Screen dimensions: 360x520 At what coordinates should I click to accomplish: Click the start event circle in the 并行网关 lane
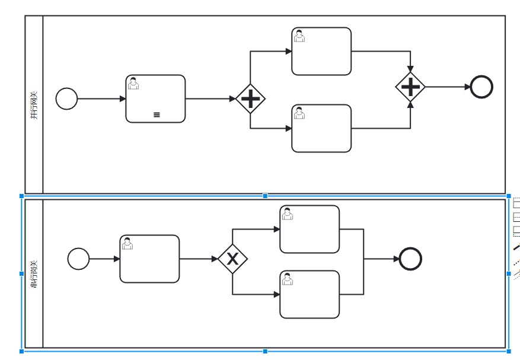coord(66,98)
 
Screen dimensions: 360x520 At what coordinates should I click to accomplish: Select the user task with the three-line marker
coord(155,98)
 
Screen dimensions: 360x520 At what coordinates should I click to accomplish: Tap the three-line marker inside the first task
coord(157,114)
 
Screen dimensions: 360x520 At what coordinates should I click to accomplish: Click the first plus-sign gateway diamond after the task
coord(250,98)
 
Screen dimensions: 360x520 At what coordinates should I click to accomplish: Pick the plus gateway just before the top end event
coord(410,87)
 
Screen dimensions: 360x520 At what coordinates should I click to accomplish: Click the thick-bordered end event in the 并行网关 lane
coord(481,87)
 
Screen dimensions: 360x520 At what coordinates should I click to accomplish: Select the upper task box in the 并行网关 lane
coord(321,51)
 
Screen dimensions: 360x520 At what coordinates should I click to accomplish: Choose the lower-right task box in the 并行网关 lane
coord(321,128)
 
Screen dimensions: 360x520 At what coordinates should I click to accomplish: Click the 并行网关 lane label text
coord(34,105)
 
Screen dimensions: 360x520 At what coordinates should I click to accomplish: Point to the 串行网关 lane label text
coord(34,273)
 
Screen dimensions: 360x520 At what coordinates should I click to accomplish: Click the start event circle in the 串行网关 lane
coord(78,259)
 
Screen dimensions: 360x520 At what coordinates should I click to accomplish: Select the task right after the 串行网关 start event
coord(149,259)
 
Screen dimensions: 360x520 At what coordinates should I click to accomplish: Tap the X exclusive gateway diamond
coord(232,259)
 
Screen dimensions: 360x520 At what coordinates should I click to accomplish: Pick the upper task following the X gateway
coord(310,229)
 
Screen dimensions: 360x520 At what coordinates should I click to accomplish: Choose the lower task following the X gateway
coord(310,294)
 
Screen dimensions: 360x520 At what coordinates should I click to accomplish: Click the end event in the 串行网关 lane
coord(410,259)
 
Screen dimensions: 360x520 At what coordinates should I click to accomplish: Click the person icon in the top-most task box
coord(299,36)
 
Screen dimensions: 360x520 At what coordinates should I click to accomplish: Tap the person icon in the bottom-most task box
coord(288,279)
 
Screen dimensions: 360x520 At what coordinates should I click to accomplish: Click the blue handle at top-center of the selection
coord(265,196)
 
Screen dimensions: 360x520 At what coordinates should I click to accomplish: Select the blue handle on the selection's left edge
coord(22,273)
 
